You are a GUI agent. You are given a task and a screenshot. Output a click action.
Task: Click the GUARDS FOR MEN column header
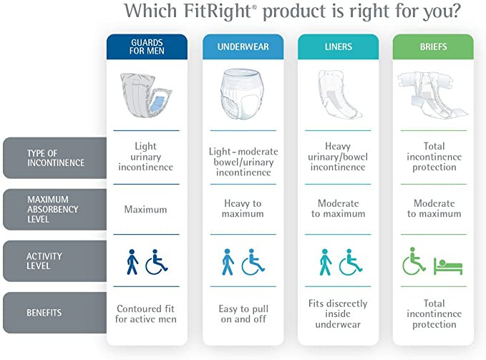point(146,47)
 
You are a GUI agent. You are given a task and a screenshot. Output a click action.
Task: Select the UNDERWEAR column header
point(242,47)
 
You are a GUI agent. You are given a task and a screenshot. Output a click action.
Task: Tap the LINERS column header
point(337,47)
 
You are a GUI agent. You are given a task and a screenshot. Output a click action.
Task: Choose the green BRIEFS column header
point(432,47)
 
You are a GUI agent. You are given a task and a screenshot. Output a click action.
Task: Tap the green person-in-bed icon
point(448,263)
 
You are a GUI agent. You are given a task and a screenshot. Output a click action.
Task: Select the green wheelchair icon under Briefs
point(414,261)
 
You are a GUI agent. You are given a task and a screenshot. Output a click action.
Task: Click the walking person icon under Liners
point(325,261)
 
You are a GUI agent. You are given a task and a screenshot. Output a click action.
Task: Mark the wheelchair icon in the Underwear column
point(253,261)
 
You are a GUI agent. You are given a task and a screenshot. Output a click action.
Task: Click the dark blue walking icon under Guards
point(133,261)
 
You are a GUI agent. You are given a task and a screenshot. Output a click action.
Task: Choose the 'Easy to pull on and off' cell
point(242,313)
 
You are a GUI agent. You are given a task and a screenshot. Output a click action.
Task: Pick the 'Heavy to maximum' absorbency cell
point(242,209)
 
